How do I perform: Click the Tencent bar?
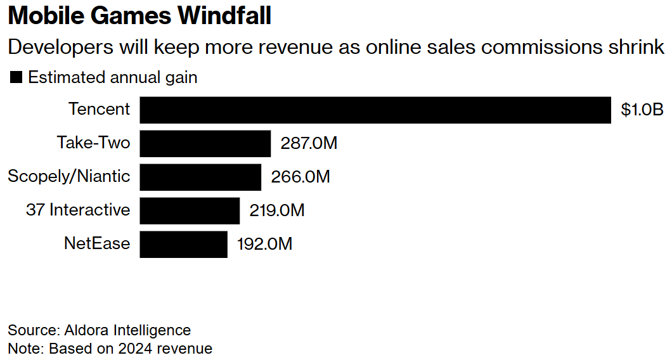(375, 110)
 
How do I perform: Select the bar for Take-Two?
(205, 144)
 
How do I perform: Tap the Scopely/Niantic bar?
(200, 177)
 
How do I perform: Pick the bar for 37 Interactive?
(190, 210)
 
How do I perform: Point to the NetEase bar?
(183, 244)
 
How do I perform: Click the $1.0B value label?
(642, 110)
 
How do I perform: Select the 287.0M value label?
(309, 144)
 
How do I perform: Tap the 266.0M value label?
(300, 177)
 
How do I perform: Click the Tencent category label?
(99, 109)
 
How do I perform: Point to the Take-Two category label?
(93, 143)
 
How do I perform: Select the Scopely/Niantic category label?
(68, 176)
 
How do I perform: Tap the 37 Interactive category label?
(78, 210)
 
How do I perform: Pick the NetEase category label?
(97, 243)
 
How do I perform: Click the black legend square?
(16, 78)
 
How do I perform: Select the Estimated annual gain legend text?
(113, 78)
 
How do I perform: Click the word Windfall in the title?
(224, 16)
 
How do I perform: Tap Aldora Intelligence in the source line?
(127, 330)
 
